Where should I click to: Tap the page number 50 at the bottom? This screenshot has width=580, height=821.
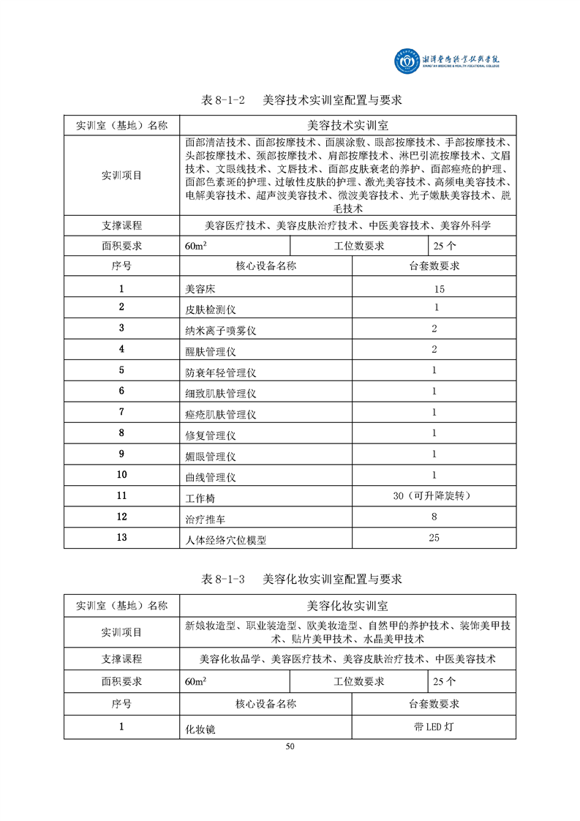tap(290, 746)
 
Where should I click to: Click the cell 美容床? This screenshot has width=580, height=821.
tap(200, 290)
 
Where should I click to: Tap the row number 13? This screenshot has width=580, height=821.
tap(121, 538)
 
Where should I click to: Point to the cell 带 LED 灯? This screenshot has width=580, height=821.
tap(434, 727)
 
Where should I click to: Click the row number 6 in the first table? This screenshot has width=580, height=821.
tap(121, 391)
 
